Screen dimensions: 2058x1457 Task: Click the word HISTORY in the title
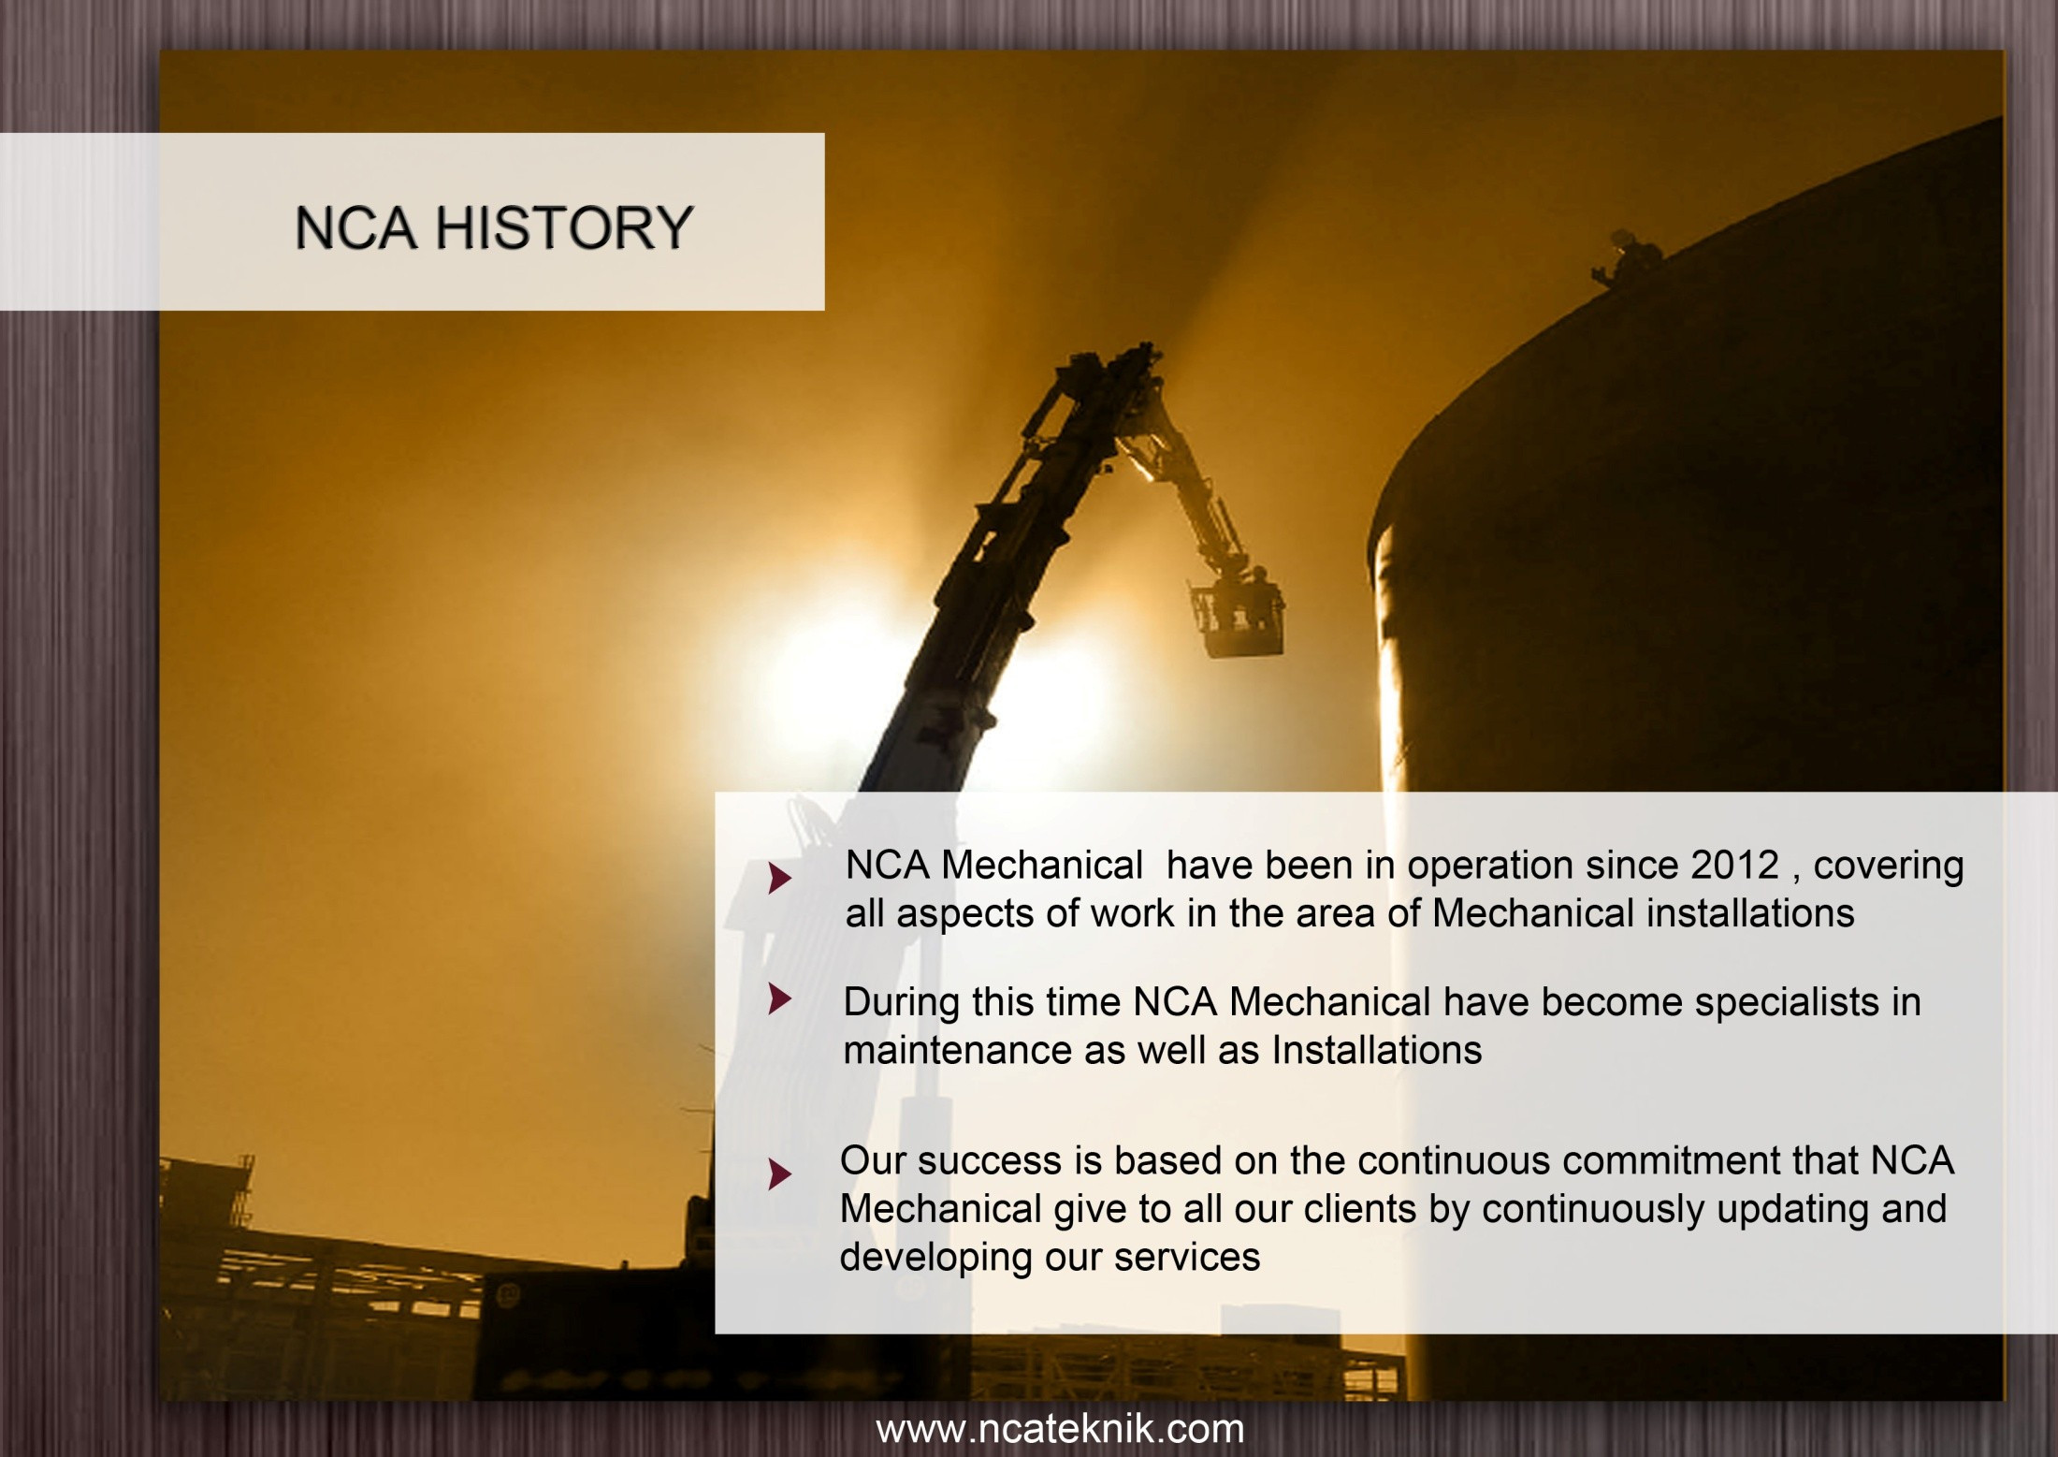pyautogui.click(x=564, y=227)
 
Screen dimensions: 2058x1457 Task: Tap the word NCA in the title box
pyautogui.click(x=355, y=227)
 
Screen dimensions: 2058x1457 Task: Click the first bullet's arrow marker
pyautogui.click(x=779, y=879)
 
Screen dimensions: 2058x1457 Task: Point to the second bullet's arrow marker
pyautogui.click(x=779, y=998)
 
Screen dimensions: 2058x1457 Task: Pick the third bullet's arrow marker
pyautogui.click(x=779, y=1173)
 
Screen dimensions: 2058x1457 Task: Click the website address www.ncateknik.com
pyautogui.click(x=1060, y=1429)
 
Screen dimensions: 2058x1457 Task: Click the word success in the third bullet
pyautogui.click(x=990, y=1161)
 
